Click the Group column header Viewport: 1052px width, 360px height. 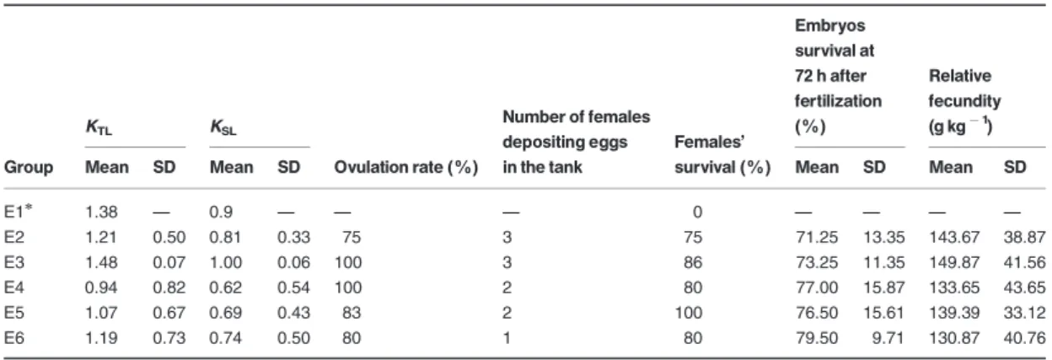pyautogui.click(x=28, y=167)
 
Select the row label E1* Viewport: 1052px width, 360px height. pyautogui.click(x=18, y=212)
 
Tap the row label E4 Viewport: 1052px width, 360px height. pyautogui.click(x=14, y=287)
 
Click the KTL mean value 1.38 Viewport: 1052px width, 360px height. pyautogui.click(x=101, y=212)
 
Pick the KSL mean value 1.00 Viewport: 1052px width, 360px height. pyautogui.click(x=225, y=262)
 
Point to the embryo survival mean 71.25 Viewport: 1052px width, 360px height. pyautogui.click(x=817, y=237)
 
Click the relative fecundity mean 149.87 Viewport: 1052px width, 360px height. pyautogui.click(x=954, y=262)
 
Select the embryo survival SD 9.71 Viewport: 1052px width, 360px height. pyautogui.click(x=888, y=338)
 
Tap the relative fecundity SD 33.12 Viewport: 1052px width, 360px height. pyautogui.click(x=1024, y=313)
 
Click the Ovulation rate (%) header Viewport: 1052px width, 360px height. pyautogui.click(x=405, y=167)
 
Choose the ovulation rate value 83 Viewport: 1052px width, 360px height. pyautogui.click(x=352, y=313)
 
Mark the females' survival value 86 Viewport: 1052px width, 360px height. pyautogui.click(x=693, y=262)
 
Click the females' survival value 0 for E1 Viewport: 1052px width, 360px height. pyautogui.click(x=697, y=212)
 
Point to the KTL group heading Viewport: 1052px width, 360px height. pyautogui.click(x=99, y=127)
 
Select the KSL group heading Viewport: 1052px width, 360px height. pyautogui.click(x=223, y=127)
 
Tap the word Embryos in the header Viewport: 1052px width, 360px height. pyautogui.click(x=829, y=25)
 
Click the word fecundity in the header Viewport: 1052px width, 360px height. pyautogui.click(x=964, y=101)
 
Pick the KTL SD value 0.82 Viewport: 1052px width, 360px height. pyautogui.click(x=169, y=287)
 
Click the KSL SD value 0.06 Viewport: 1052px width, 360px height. pyautogui.click(x=293, y=262)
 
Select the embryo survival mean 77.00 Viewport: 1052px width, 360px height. pyautogui.click(x=817, y=287)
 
